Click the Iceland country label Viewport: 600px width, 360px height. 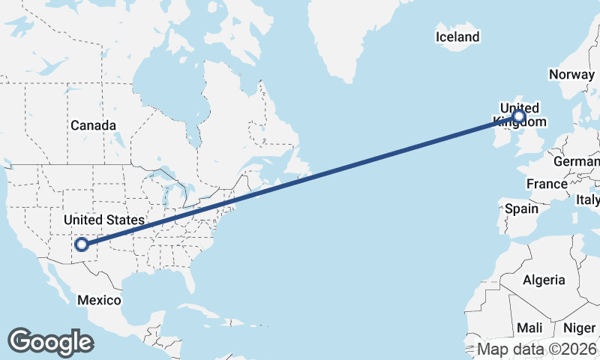457,37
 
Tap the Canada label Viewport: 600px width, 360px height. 93,125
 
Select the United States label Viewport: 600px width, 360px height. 103,220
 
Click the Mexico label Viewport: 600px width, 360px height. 100,300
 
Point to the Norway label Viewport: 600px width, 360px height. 571,73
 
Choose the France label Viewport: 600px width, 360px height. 547,184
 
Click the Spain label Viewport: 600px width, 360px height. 522,208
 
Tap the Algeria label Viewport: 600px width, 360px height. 544,280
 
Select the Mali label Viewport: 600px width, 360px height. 529,328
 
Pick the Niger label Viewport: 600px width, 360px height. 579,328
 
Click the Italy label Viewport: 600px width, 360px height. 587,200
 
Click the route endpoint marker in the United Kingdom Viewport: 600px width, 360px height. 518,117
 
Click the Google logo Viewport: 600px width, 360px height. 50,341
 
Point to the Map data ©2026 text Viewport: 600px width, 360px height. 537,349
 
